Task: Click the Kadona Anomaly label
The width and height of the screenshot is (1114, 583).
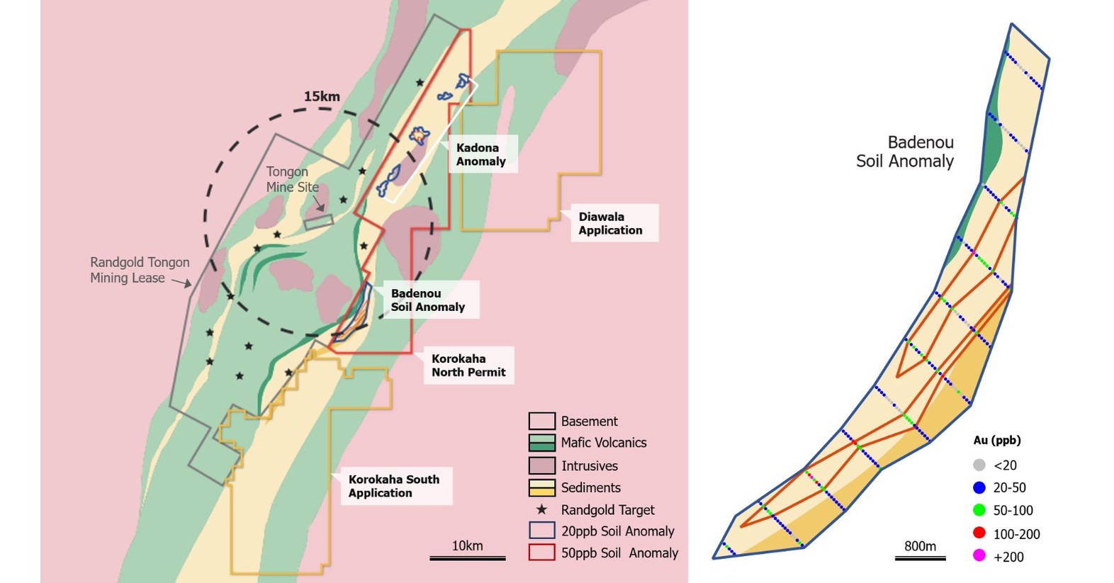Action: [x=481, y=154]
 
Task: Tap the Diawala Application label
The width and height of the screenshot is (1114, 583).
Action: [x=610, y=223]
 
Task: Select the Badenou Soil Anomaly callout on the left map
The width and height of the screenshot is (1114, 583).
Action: [x=428, y=300]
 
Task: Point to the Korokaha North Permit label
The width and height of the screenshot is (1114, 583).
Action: [x=468, y=365]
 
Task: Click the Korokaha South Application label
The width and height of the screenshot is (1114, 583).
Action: [x=393, y=486]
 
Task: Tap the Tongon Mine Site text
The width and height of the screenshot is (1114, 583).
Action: [x=292, y=179]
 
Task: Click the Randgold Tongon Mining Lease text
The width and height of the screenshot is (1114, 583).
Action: [x=140, y=270]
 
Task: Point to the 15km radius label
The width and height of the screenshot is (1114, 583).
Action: [x=322, y=96]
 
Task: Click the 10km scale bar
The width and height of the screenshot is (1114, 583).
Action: [x=468, y=557]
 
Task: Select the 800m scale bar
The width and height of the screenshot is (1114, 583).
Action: [x=920, y=557]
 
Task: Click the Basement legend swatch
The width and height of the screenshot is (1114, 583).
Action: [x=541, y=421]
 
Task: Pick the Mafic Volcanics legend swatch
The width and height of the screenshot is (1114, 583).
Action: [x=541, y=443]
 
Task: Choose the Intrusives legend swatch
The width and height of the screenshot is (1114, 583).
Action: [x=541, y=465]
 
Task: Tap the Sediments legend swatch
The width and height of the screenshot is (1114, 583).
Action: [x=541, y=487]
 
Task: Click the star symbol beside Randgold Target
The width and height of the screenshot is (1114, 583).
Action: [x=541, y=509]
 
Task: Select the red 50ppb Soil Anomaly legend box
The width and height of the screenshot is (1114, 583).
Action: [x=541, y=553]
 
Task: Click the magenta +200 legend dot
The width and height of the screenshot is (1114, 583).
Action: [x=979, y=556]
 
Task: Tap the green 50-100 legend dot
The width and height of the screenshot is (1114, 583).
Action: [x=979, y=510]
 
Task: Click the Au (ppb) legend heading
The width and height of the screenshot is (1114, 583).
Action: [x=996, y=440]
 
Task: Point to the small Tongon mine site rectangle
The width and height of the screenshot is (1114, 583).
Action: [x=319, y=222]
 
